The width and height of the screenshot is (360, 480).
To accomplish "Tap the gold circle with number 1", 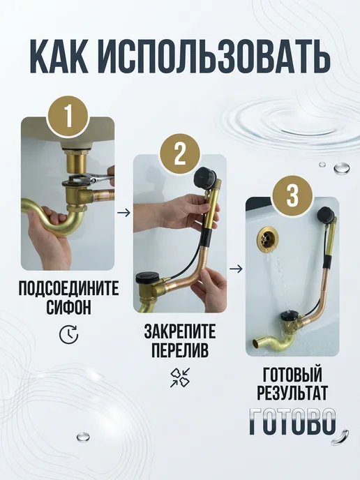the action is (68, 117).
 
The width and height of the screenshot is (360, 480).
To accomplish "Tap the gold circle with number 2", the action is (180, 155).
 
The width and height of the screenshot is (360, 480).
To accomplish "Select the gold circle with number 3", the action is (292, 196).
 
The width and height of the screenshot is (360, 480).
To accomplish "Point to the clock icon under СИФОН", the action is (68, 335).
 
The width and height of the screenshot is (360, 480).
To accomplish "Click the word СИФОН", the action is (68, 307).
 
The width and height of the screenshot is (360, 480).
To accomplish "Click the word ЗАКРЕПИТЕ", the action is (180, 331).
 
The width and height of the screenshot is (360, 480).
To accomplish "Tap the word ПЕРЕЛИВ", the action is (180, 350).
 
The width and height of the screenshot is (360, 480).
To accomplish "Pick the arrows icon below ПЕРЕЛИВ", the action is (180, 377).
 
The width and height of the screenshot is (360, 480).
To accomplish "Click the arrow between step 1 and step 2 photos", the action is (123, 213).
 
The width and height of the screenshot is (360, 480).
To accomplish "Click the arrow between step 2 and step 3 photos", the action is (236, 269).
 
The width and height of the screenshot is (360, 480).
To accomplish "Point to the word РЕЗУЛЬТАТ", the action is (292, 393).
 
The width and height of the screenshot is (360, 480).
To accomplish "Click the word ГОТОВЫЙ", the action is (292, 373).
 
